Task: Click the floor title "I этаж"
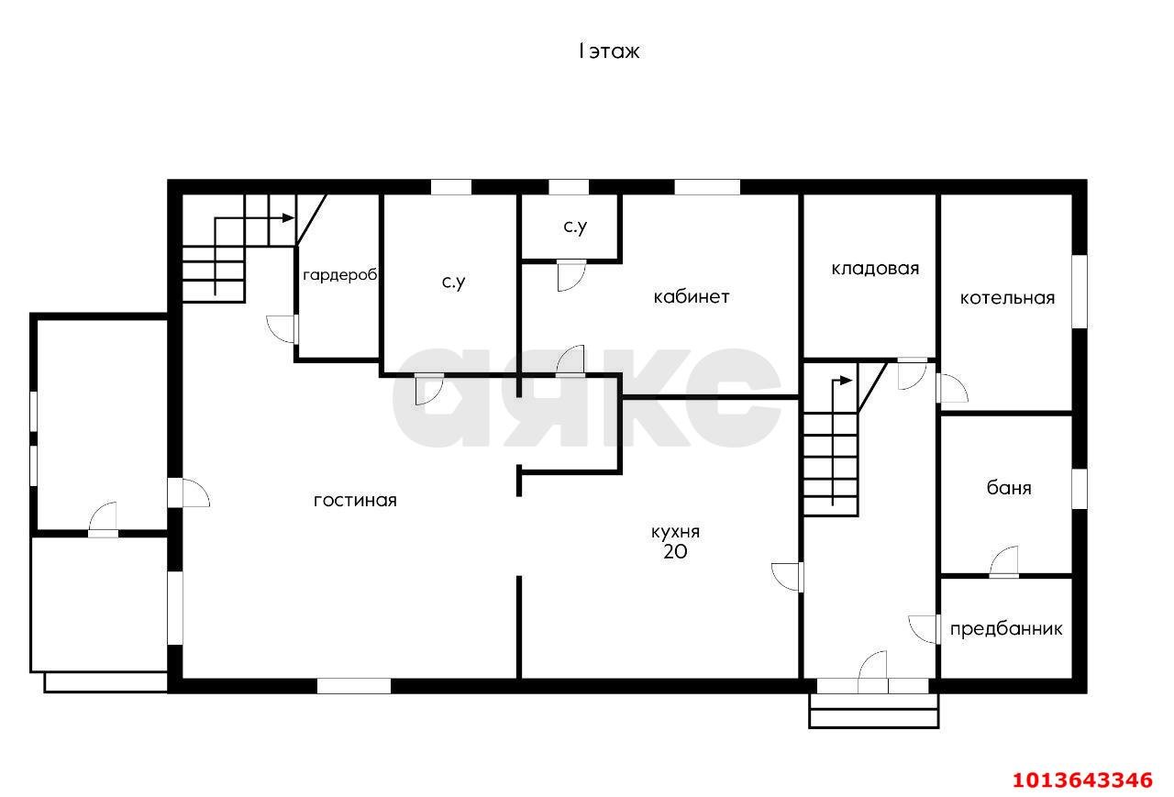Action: tap(608, 51)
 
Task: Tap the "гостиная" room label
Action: tap(355, 501)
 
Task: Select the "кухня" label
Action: tap(675, 532)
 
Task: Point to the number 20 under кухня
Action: tap(675, 552)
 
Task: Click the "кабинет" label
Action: tap(692, 297)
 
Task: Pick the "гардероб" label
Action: tap(340, 275)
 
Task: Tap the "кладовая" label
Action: tap(875, 269)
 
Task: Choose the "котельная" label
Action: tap(1007, 298)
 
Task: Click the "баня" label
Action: tap(1009, 488)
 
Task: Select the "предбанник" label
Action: tap(1006, 629)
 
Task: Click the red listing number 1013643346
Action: tap(1082, 780)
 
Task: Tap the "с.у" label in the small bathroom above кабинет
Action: tap(575, 227)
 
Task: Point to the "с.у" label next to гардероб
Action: tap(453, 282)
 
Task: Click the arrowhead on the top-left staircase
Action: tap(288, 218)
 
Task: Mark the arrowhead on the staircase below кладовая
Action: tap(846, 381)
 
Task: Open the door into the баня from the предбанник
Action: tap(1004, 562)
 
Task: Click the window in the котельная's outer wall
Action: tap(1080, 292)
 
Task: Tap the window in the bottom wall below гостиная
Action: tap(354, 686)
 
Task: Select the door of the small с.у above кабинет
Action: tap(571, 276)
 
